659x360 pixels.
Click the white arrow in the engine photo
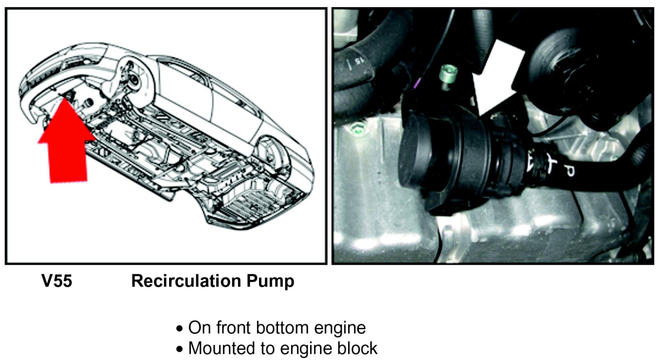pyautogui.click(x=497, y=78)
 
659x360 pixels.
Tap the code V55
pyautogui.click(x=57, y=280)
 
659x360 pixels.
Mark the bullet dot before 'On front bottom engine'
pyautogui.click(x=179, y=329)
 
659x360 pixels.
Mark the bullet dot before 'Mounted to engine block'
pyautogui.click(x=179, y=349)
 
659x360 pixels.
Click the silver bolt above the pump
pyautogui.click(x=448, y=74)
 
